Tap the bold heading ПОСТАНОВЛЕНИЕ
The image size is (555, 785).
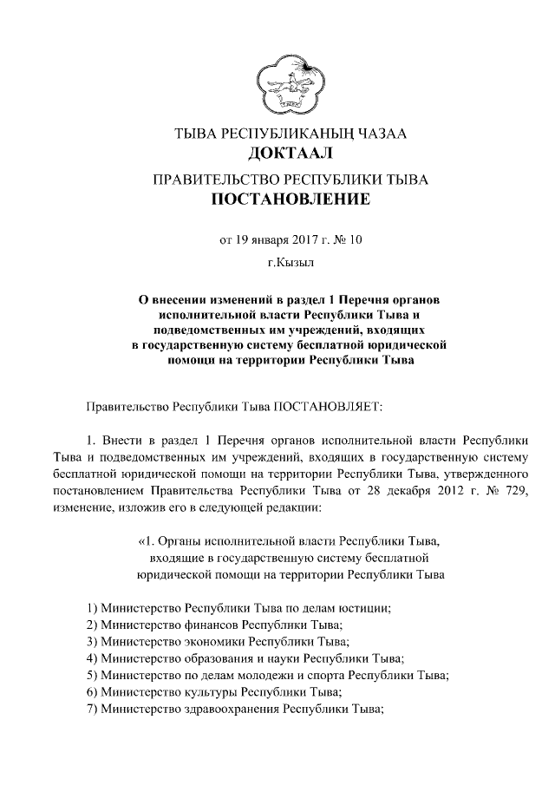(x=278, y=201)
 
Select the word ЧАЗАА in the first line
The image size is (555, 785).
(x=375, y=134)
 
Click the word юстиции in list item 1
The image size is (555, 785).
(x=365, y=607)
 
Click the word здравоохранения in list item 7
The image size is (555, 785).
(x=226, y=711)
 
